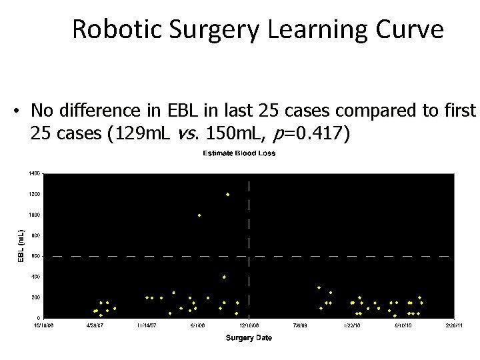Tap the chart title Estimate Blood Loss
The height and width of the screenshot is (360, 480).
coord(239,153)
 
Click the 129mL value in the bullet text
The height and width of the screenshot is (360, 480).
coord(148,134)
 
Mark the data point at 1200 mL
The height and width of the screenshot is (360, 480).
coord(227,195)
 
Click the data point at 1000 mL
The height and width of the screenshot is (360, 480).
coord(199,215)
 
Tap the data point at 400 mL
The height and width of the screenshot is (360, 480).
coord(224,277)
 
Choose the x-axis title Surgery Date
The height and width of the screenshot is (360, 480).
coord(249,338)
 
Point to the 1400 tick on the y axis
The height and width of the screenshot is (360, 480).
coord(34,173)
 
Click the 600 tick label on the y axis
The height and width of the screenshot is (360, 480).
coord(35,256)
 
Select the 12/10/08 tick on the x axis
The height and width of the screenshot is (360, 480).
coord(248,326)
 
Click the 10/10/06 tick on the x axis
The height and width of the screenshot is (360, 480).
coord(44,326)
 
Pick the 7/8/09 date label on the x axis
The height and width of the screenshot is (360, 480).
coord(300,326)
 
